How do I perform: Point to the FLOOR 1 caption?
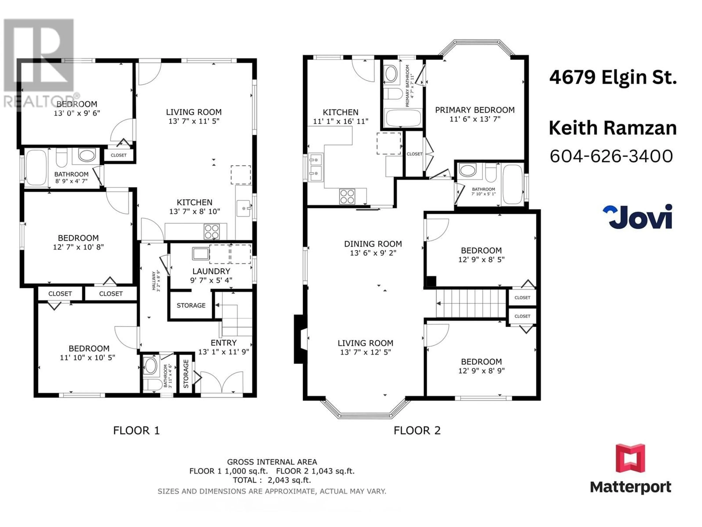136,430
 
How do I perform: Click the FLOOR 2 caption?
417,430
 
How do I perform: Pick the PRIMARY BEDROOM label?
475,110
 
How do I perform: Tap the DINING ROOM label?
373,244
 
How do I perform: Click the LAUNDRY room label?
211,271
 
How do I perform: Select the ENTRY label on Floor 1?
224,343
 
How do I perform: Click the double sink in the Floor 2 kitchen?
316,168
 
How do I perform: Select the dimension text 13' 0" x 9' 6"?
77,113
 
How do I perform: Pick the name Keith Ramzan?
613,128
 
